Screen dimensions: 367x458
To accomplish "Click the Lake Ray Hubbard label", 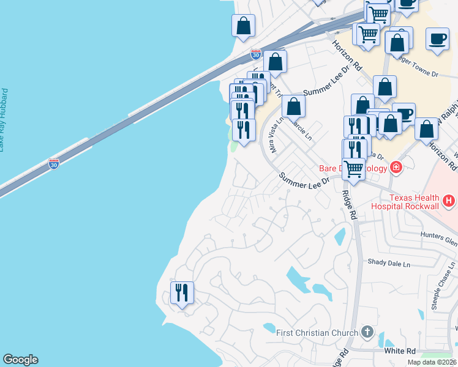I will (x=4, y=120).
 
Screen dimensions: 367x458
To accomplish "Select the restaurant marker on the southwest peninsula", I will (x=182, y=294).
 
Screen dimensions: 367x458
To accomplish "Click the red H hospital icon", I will (x=449, y=200).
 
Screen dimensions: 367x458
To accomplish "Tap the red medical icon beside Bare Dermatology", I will (x=396, y=167).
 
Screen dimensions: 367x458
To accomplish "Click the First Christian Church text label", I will (x=317, y=333).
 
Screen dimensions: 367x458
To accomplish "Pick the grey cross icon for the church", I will (x=367, y=332).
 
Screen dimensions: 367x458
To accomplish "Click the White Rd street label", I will (x=399, y=351).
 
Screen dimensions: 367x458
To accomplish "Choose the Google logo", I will (x=20, y=360).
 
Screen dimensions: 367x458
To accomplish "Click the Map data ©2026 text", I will (x=432, y=362).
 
